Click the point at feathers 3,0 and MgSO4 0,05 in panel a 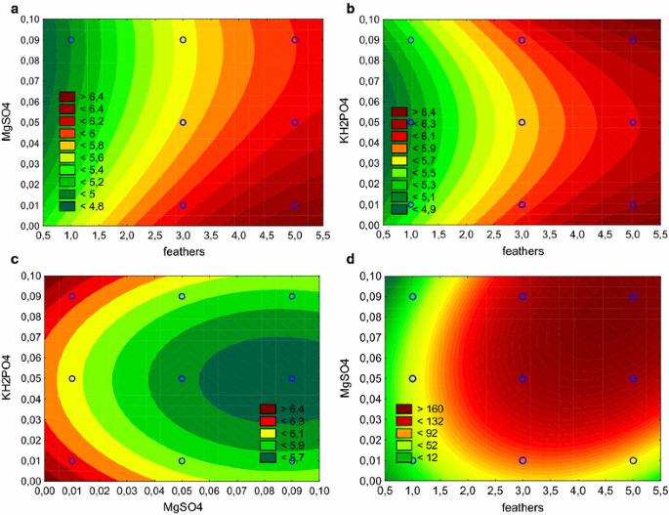(184, 123)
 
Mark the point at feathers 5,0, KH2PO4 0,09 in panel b (633, 40)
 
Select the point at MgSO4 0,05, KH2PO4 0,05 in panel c (182, 378)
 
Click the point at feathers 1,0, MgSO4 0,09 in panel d (411, 296)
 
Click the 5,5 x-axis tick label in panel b (660, 236)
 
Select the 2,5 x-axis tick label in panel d (494, 492)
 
